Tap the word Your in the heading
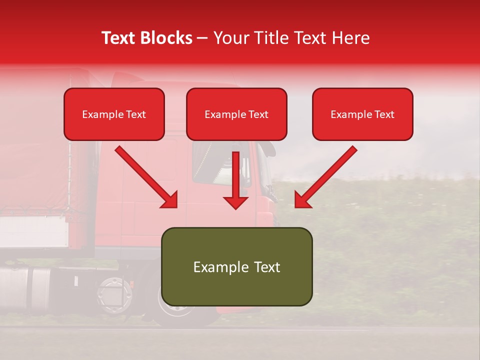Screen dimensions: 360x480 pos(230,38)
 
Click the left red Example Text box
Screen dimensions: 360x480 pos(114,114)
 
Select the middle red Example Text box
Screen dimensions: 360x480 pos(236,114)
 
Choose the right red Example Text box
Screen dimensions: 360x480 pos(362,114)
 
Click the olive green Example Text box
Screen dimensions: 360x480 pos(236,266)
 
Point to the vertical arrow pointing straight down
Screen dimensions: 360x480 pos(235,180)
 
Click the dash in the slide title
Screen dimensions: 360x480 pos(202,38)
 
